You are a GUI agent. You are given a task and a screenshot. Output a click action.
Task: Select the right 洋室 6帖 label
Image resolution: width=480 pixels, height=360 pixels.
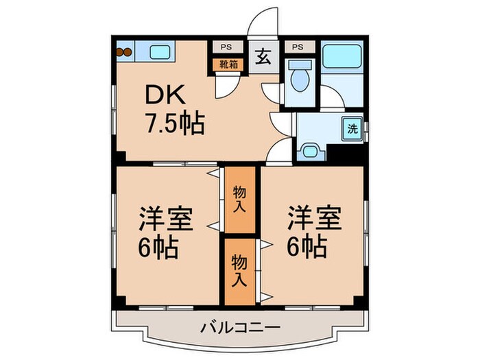click(x=313, y=232)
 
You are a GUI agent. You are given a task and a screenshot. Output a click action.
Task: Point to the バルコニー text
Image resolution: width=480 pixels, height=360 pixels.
click(x=240, y=328)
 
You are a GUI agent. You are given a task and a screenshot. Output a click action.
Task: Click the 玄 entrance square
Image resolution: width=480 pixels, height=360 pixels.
click(x=263, y=58)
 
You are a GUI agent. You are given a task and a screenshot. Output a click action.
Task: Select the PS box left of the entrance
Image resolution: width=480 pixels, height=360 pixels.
click(x=226, y=47)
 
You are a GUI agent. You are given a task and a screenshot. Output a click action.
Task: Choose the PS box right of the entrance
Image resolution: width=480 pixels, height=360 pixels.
click(x=298, y=47)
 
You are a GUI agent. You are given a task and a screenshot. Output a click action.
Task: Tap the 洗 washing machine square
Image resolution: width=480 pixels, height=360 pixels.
click(x=352, y=128)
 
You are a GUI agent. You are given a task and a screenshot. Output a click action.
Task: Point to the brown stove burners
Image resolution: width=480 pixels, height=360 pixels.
click(x=124, y=50)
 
